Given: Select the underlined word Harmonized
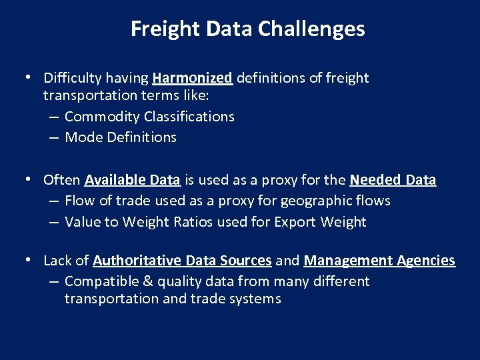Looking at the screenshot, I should [x=192, y=78].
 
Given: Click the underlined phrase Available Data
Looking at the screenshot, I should [x=132, y=180].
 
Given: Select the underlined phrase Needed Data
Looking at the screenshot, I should [x=393, y=180].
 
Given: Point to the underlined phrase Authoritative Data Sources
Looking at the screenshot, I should [x=182, y=261].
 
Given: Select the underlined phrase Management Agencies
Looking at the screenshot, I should [x=379, y=261].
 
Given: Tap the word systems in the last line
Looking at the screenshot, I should [x=256, y=299].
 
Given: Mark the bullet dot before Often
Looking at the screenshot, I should [x=28, y=179].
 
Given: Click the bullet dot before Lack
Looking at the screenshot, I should [x=28, y=260].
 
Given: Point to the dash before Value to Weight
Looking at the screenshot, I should [x=54, y=222].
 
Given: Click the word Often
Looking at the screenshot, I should [x=62, y=180].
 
